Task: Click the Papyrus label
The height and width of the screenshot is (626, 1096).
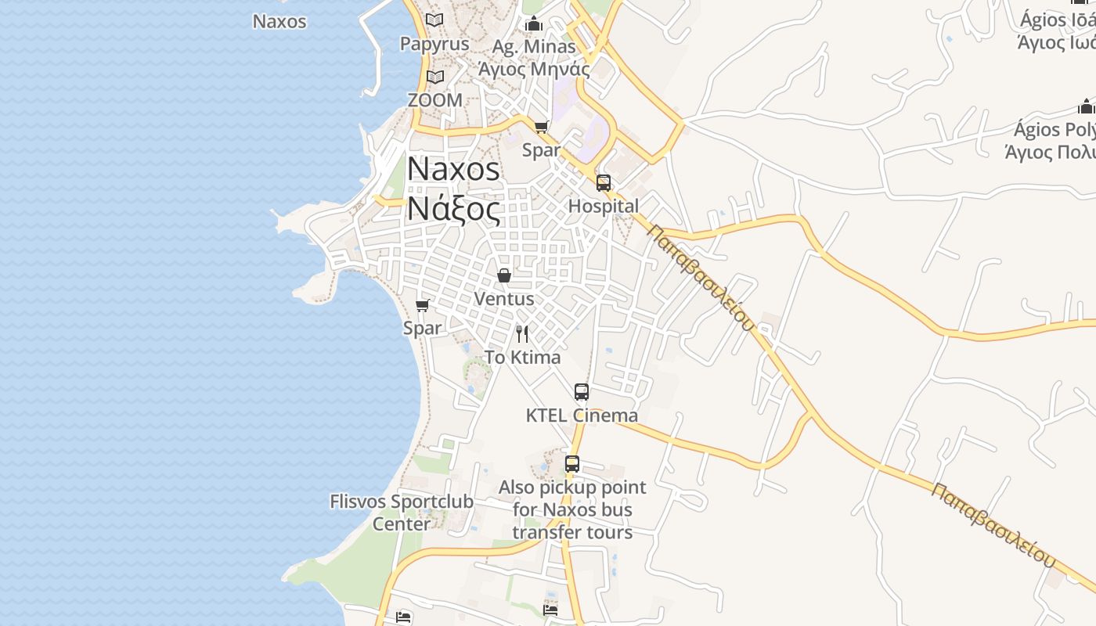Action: (x=434, y=44)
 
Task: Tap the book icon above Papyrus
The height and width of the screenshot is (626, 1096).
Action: (x=434, y=20)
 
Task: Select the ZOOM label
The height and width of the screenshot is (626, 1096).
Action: (x=435, y=100)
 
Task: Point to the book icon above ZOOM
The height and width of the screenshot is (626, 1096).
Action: (x=435, y=77)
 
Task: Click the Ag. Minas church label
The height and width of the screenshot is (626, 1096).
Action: (x=534, y=47)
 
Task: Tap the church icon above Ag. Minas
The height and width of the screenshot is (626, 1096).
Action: (x=534, y=23)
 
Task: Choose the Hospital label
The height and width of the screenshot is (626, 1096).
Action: (x=604, y=206)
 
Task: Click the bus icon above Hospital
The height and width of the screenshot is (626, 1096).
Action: (x=604, y=183)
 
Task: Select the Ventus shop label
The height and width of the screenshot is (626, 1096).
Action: (x=504, y=298)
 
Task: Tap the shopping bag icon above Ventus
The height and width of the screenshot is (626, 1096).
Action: (x=504, y=275)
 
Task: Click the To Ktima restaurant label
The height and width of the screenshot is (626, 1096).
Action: (x=522, y=358)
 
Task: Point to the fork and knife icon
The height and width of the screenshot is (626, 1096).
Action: (x=522, y=334)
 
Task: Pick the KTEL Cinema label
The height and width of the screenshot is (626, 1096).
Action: (x=582, y=416)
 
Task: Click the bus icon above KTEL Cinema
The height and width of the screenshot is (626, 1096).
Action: (x=582, y=392)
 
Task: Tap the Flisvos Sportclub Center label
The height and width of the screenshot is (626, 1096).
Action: (x=402, y=513)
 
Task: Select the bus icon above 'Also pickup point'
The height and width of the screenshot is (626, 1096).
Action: (x=572, y=464)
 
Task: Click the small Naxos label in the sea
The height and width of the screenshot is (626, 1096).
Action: (x=279, y=21)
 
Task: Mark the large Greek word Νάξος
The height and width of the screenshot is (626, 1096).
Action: (x=453, y=210)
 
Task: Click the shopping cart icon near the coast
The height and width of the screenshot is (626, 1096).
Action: (x=423, y=305)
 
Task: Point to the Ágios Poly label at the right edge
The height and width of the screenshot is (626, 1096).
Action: (x=1053, y=129)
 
